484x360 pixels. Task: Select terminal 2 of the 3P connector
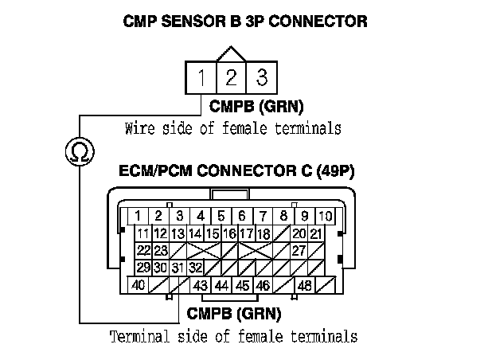coord(231,78)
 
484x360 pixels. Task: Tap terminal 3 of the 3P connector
coord(259,78)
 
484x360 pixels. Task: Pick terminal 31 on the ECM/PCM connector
coord(178,267)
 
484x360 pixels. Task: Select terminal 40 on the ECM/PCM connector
coord(138,284)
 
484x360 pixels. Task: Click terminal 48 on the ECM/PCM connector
coord(303,284)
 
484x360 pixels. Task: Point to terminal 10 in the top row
coord(326,215)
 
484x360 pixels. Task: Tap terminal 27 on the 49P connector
coord(299,250)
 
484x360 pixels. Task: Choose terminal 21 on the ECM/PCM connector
coord(316,233)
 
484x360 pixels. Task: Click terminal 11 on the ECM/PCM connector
coord(142,233)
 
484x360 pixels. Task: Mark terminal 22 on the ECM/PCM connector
coord(143,250)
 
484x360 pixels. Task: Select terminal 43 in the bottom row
coord(201,284)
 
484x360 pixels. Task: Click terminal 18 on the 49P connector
coord(264,233)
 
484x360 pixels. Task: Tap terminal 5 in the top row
coord(222,215)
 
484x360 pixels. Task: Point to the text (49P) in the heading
coord(338,170)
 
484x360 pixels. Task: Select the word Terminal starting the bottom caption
coord(135,337)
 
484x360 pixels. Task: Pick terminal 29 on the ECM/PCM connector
coord(143,267)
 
